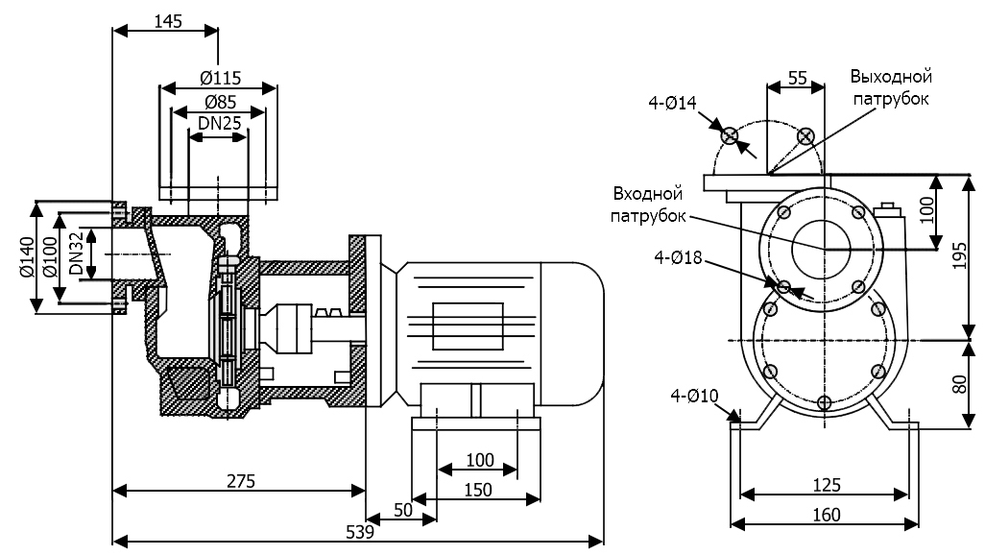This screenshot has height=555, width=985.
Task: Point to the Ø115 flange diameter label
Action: [x=219, y=78]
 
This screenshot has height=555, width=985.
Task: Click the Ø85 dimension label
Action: [x=219, y=101]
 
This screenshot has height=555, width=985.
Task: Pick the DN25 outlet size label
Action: [x=219, y=123]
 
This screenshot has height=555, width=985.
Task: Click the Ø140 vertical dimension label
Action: [x=27, y=256]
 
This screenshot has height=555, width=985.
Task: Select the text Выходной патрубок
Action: [x=890, y=87]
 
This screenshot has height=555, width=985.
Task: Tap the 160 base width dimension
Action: [x=825, y=514]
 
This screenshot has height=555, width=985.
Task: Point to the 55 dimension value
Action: [x=796, y=79]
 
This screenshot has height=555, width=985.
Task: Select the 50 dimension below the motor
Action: [x=402, y=510]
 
